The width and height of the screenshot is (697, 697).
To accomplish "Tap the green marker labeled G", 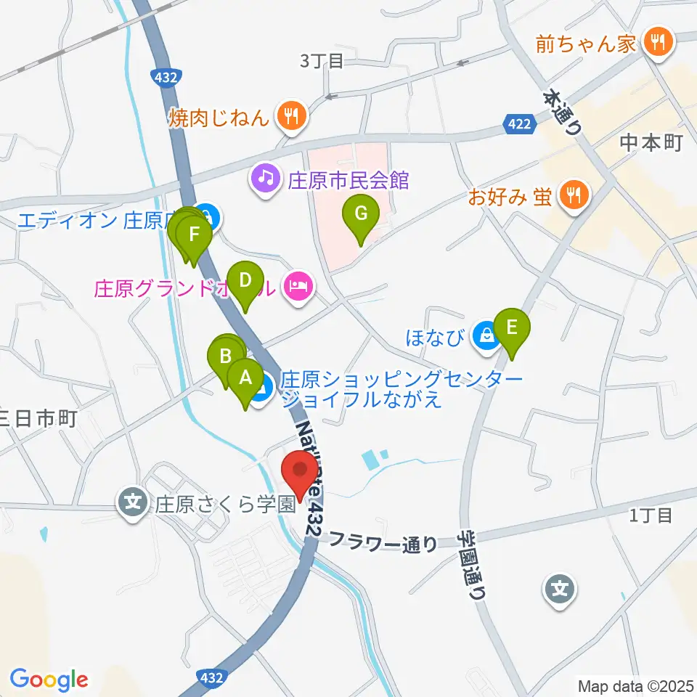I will coord(361,215).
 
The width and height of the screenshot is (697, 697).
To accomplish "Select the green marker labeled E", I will coord(512,328).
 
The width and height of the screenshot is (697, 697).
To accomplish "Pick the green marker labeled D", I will coord(245,281).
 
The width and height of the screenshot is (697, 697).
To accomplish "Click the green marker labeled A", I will coord(245,378).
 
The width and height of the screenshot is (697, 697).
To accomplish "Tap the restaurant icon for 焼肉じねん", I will coord(291,115).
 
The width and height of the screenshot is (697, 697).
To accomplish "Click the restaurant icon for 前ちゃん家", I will coord(657,43).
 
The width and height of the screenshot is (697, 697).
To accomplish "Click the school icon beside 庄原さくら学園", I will coord(133,503).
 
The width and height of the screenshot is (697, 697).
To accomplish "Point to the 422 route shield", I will coord(521,126).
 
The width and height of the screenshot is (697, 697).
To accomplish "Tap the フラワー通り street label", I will coord(383,541).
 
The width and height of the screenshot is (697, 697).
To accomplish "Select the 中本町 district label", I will coord(651,143).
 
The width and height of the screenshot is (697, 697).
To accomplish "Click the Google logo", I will coord(49,680).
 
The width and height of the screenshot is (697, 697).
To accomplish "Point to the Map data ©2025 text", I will coord(634,685).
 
